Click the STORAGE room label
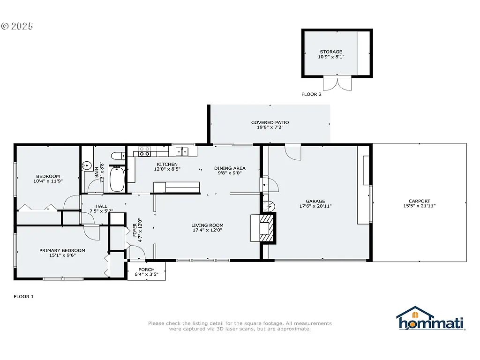[331, 52]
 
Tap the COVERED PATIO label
[270, 123]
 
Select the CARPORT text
[419, 201]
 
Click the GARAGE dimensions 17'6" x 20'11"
[315, 206]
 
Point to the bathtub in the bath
[117, 179]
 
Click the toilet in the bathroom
[117, 156]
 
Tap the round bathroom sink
[86, 165]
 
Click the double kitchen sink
[182, 151]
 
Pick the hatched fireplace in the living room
[266, 228]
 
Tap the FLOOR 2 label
[311, 94]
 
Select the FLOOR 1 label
[23, 297]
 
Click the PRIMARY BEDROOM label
[62, 250]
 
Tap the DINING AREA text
[230, 168]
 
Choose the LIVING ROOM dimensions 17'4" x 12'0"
[207, 230]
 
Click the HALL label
[101, 206]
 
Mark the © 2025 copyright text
[17, 26]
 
